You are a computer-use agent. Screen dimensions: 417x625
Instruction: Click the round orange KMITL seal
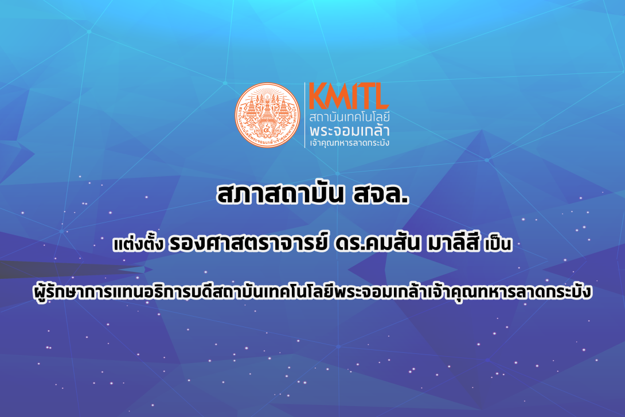point(268,116)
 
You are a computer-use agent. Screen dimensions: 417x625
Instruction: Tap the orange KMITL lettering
point(349,97)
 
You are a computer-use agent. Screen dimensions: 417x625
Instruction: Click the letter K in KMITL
point(317,97)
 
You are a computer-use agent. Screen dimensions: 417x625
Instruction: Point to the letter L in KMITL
point(381,97)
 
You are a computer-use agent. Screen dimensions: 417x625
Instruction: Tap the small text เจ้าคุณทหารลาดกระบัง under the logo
point(349,142)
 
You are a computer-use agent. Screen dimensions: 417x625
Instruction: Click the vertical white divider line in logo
point(304,116)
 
